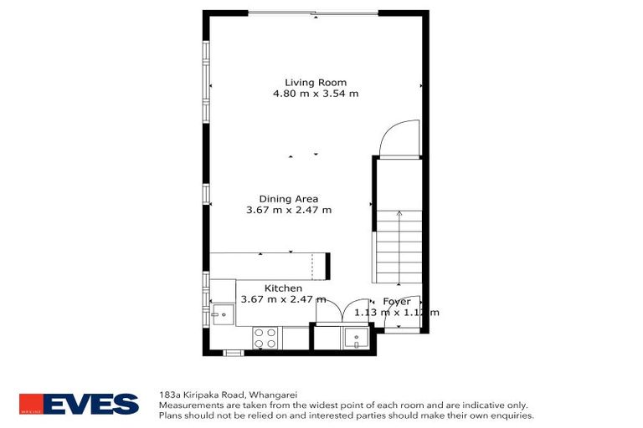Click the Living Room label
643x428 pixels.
pyautogui.click(x=315, y=82)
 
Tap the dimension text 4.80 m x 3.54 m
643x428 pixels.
pyautogui.click(x=315, y=94)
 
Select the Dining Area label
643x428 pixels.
pyautogui.click(x=288, y=198)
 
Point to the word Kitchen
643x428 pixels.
pyautogui.click(x=283, y=288)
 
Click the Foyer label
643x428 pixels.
pyautogui.click(x=396, y=301)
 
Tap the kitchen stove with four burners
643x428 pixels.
pyautogui.click(x=265, y=338)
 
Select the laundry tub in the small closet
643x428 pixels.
pyautogui.click(x=355, y=338)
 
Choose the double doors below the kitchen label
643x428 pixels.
pyautogui.click(x=340, y=311)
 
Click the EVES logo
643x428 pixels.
pyautogui.click(x=80, y=404)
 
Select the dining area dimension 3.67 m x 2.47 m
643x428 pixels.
pyautogui.click(x=288, y=210)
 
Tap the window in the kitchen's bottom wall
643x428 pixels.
pyautogui.click(x=233, y=353)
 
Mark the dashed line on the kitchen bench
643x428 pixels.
pyautogui.click(x=312, y=266)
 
